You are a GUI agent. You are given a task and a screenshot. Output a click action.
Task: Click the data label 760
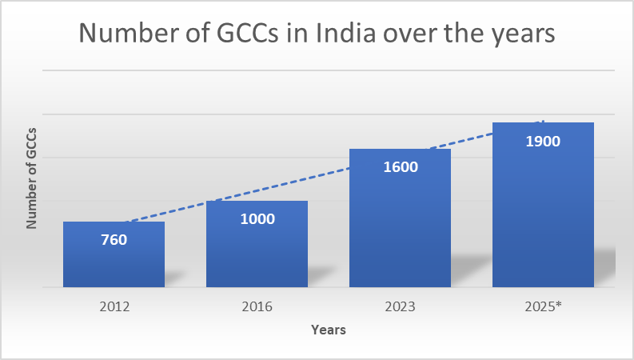pos(114,238)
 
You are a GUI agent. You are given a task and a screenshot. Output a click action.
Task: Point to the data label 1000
pos(257,218)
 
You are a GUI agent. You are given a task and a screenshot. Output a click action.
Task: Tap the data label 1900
pos(543,141)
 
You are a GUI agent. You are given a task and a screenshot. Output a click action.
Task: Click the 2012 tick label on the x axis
pos(114,306)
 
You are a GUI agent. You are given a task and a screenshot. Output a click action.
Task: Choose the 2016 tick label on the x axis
pos(257,306)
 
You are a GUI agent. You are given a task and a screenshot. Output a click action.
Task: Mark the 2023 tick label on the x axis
pos(400,306)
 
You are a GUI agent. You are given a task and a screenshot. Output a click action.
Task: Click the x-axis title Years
pos(328,329)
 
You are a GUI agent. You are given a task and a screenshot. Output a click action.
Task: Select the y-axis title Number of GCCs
pos(32,178)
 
